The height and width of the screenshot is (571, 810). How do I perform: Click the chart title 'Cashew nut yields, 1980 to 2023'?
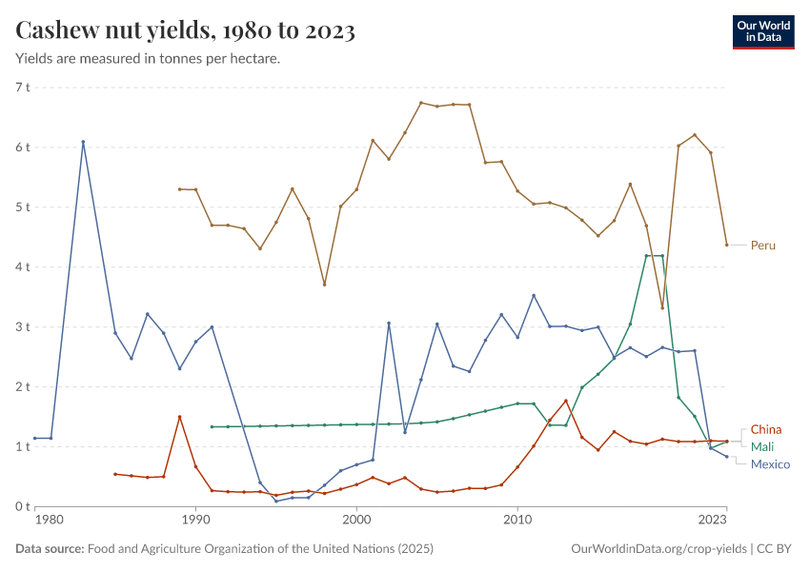186,31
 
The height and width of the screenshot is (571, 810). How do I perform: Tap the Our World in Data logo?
763,31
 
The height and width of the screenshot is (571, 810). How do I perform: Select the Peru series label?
762,246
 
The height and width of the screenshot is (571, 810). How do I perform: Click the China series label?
766,430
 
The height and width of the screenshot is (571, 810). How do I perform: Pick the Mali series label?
761,446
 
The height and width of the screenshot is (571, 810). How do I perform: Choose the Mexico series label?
770,463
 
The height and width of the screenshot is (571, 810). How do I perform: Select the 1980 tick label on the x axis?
49,522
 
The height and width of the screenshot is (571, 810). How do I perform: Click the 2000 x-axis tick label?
356,522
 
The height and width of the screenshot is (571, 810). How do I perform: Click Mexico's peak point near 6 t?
83,142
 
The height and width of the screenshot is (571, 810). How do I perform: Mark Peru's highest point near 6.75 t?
421,103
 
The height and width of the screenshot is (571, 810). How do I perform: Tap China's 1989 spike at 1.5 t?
179,417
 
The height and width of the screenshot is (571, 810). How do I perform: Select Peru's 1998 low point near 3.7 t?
324,285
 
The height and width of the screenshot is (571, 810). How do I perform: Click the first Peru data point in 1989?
179,189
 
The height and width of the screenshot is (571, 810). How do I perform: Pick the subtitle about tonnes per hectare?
148,59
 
